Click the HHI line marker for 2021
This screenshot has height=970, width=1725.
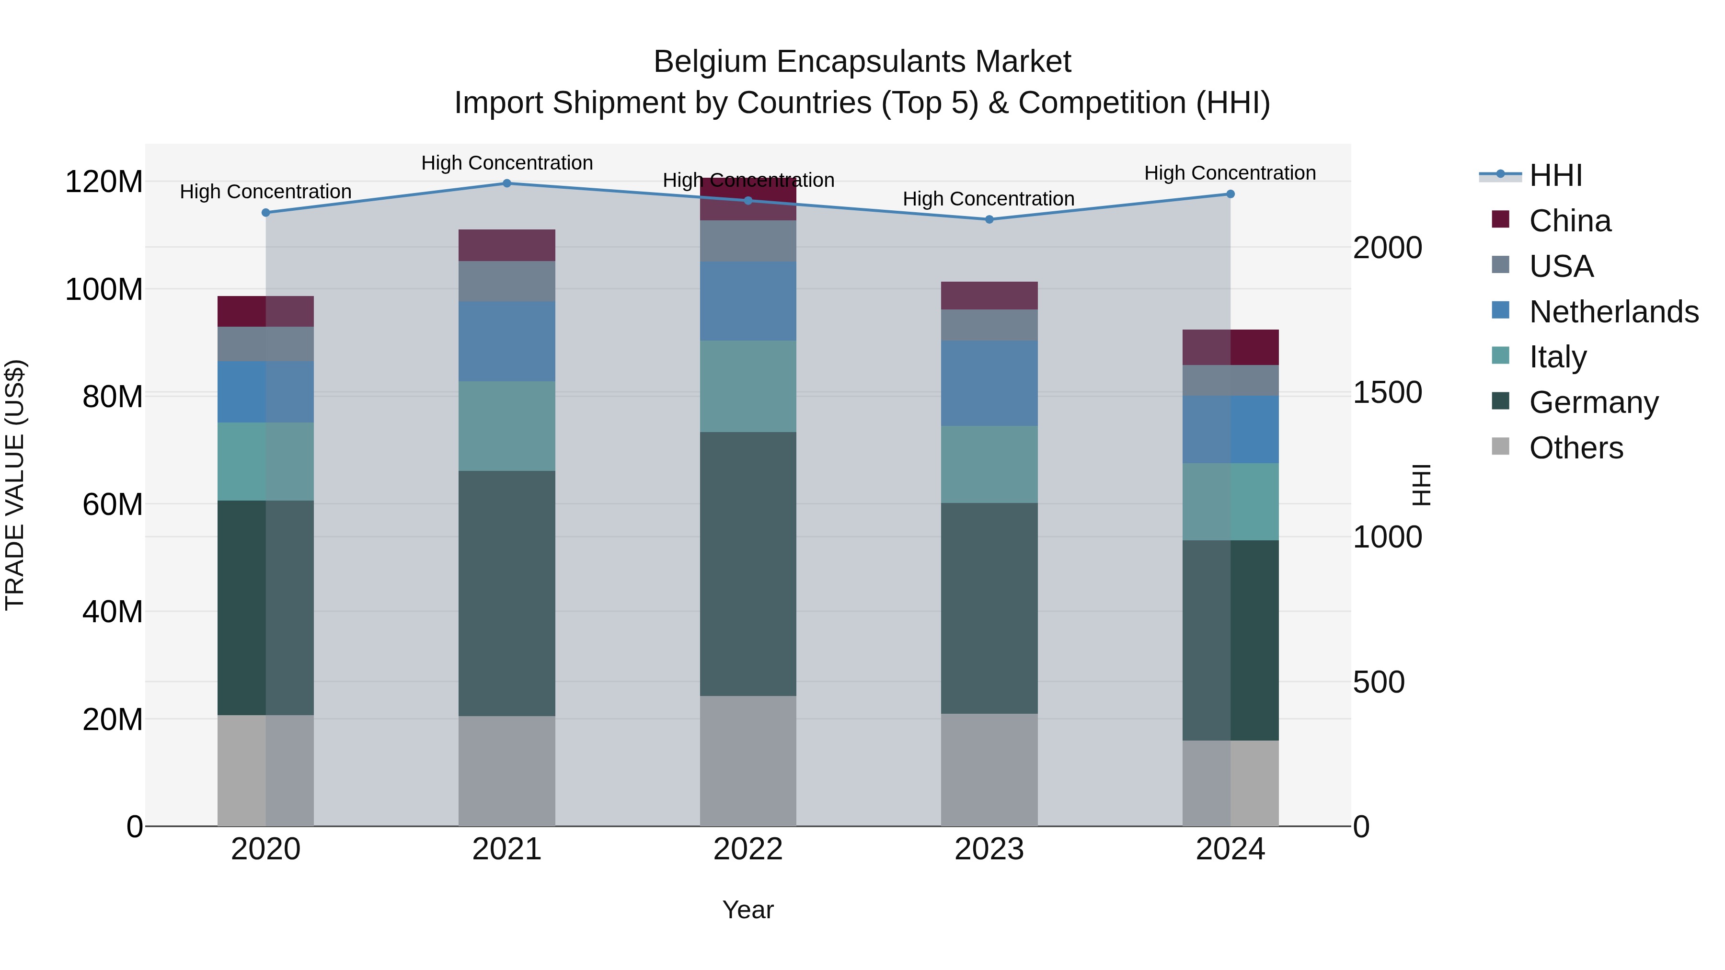[507, 183]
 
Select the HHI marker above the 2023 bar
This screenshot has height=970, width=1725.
[989, 219]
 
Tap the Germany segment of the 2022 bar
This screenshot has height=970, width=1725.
[748, 564]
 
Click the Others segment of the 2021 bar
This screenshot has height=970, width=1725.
[507, 771]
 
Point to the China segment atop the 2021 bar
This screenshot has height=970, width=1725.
[507, 245]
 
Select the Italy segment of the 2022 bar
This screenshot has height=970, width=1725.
[748, 386]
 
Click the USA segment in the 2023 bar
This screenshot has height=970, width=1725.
[989, 325]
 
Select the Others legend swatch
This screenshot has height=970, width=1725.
[1501, 446]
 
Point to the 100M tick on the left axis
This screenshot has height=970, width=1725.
[104, 290]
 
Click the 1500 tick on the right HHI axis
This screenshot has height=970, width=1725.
[1388, 393]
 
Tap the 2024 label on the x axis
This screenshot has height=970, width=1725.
[1230, 849]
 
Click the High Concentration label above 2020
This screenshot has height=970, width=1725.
[266, 192]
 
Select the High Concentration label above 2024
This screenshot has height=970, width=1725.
[1230, 173]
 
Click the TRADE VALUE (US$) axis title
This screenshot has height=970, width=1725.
[15, 485]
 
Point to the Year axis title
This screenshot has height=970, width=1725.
[748, 910]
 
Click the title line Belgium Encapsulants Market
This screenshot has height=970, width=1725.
[862, 62]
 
